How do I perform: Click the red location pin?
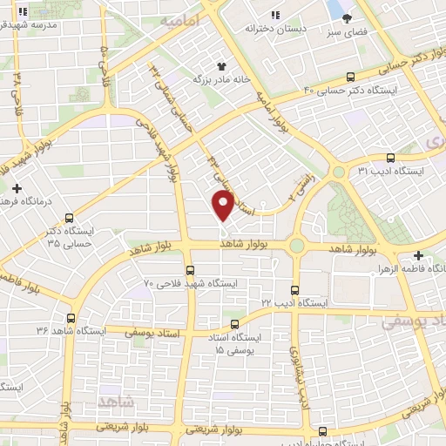(x=224, y=204)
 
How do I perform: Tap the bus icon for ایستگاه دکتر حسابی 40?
(x=351, y=78)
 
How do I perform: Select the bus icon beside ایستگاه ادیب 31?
(x=389, y=159)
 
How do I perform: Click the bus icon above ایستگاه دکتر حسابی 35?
(x=69, y=219)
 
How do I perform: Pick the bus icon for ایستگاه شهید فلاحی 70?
(x=190, y=270)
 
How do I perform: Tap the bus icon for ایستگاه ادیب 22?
(x=293, y=289)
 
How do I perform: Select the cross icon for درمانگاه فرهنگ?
(x=17, y=188)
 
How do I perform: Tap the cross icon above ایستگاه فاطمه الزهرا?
(x=419, y=256)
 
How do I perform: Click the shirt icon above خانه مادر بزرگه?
(x=222, y=65)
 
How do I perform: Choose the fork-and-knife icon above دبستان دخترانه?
(x=275, y=14)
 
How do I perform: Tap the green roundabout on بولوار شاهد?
(x=298, y=246)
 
